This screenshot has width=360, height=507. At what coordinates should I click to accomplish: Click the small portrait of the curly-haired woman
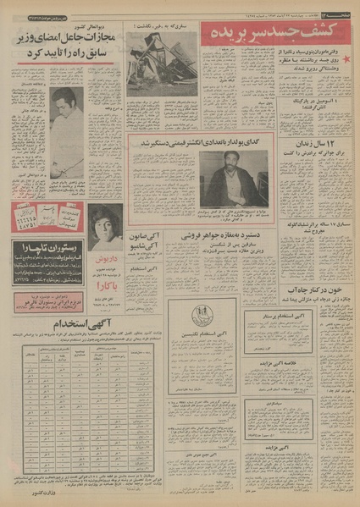click(x=104, y=223)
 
